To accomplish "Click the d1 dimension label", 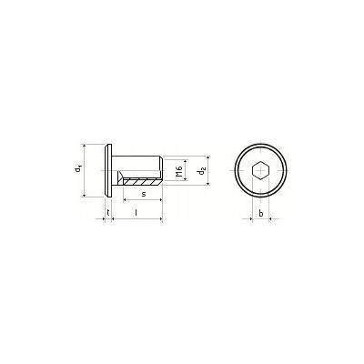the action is [x=78, y=168].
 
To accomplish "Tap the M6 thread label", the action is [x=178, y=171].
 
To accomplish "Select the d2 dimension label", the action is [x=201, y=171].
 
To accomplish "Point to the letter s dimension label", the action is [x=144, y=194].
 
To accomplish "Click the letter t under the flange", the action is [x=108, y=212].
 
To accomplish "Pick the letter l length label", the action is [x=136, y=213].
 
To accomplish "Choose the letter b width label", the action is [x=261, y=213].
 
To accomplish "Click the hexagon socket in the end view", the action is [x=261, y=171].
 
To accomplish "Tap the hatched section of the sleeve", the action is [x=142, y=182].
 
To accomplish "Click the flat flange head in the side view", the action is [x=108, y=171].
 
